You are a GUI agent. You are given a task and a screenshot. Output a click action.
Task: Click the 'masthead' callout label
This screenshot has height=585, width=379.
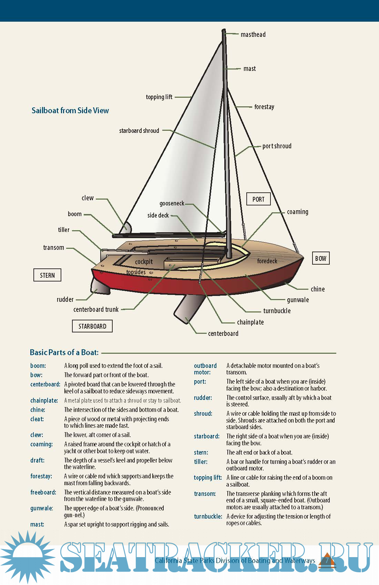click(x=253, y=34)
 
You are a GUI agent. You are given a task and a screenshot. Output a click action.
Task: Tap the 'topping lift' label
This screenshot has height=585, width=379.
click(x=159, y=97)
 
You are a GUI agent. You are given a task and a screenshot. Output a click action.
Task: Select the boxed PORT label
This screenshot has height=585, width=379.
click(x=258, y=199)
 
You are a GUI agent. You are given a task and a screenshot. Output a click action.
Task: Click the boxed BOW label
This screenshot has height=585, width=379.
click(x=320, y=258)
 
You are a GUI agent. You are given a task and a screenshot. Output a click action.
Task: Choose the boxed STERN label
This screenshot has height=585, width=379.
click(x=47, y=275)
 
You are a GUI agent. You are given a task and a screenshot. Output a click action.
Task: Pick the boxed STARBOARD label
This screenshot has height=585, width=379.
click(x=92, y=326)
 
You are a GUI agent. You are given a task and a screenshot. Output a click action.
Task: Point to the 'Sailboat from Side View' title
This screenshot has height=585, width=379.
click(x=70, y=110)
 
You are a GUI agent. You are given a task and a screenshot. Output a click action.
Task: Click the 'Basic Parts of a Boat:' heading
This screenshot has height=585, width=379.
click(x=64, y=352)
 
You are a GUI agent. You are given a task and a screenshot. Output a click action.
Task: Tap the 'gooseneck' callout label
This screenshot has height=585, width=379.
click(x=172, y=203)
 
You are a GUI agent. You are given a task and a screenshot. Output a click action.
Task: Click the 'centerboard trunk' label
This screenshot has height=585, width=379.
click(x=96, y=309)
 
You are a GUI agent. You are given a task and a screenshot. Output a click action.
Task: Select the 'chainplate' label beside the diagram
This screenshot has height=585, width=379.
click(x=250, y=322)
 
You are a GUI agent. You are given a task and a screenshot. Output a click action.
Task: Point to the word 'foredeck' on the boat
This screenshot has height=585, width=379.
click(x=267, y=261)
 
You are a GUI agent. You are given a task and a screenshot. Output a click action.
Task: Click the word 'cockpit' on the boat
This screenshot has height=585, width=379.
click(x=144, y=262)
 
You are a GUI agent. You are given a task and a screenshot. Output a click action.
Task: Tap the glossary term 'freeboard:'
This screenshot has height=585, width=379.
click(x=43, y=492)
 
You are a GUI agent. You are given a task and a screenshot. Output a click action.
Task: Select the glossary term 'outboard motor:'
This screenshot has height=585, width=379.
click(x=205, y=369)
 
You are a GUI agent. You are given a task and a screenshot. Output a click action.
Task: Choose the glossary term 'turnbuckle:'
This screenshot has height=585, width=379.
click(x=208, y=517)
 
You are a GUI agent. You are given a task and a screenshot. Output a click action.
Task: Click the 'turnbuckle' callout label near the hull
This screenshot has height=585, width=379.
click(x=277, y=311)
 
